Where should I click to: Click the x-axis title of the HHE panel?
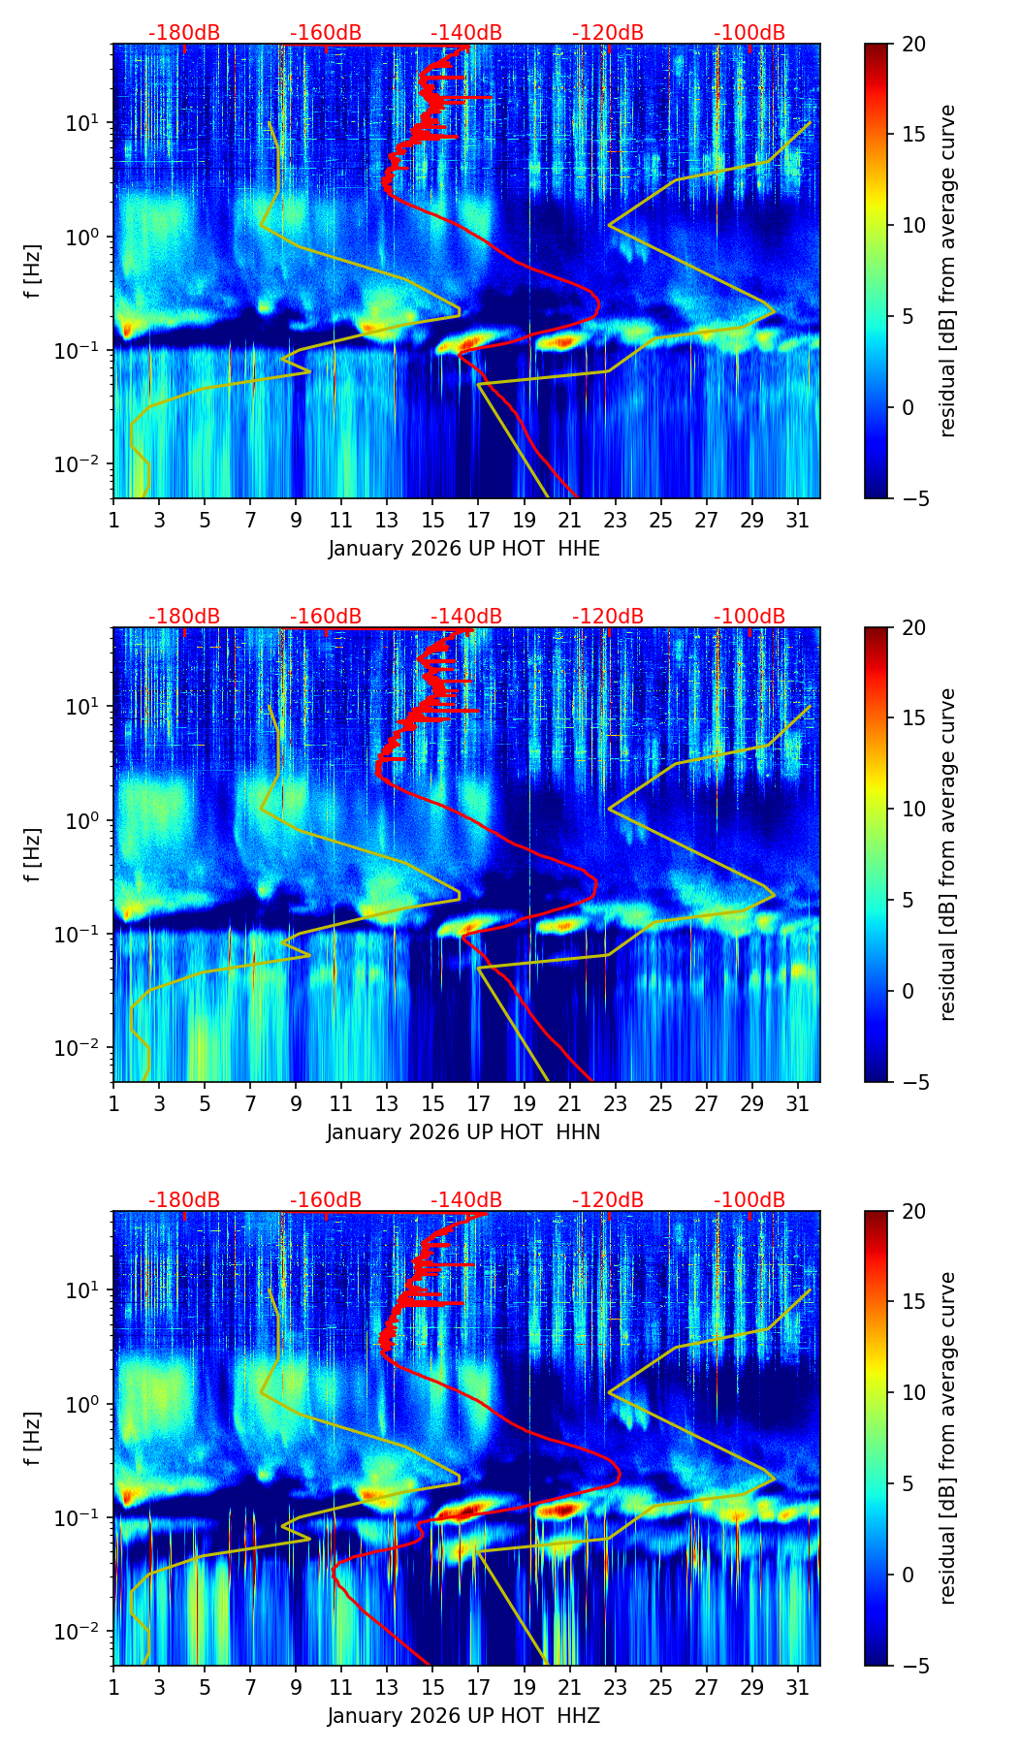click(x=463, y=549)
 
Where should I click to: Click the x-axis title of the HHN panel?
click(x=463, y=1132)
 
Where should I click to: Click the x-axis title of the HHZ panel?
click(x=463, y=1716)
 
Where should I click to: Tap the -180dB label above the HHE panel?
click(x=184, y=33)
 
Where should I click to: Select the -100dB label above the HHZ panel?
click(x=749, y=1200)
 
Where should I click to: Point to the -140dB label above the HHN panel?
click(x=466, y=617)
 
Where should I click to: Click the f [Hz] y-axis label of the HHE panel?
click(x=33, y=271)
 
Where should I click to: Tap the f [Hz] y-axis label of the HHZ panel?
click(x=33, y=1439)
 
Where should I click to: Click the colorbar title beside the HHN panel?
click(x=948, y=854)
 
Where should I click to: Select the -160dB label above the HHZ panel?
click(x=326, y=1200)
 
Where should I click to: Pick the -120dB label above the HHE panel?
click(x=608, y=33)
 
